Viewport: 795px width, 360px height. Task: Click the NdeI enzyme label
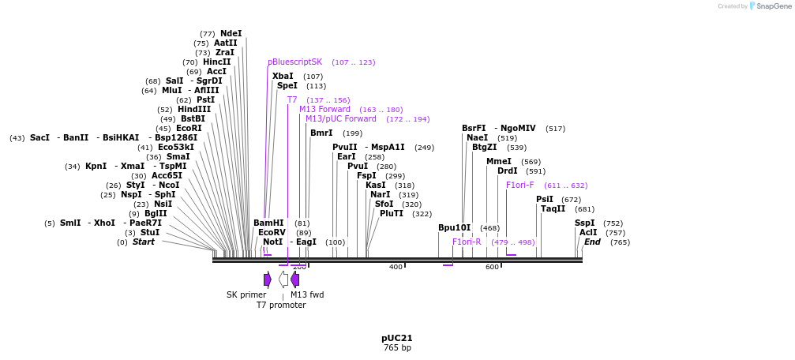[x=231, y=34]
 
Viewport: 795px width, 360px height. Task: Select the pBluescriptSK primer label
[x=294, y=62]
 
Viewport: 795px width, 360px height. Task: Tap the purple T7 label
[x=292, y=99]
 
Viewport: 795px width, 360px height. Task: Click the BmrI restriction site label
[x=321, y=133]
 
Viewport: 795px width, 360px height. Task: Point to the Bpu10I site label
[x=454, y=227]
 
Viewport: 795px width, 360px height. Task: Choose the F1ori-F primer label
[x=519, y=185]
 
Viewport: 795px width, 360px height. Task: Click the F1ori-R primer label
[x=467, y=242]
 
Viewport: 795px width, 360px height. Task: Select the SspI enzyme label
[x=585, y=223]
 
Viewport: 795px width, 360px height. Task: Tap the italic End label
[x=592, y=242]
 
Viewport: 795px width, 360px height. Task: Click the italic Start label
[x=144, y=242]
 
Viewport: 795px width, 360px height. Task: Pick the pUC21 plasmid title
[x=397, y=338]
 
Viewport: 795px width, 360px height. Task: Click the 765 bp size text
[x=397, y=347]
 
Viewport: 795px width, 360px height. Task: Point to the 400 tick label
[x=396, y=267]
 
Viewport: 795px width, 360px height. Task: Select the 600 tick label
[x=492, y=267]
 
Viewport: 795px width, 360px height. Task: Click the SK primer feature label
[x=246, y=294]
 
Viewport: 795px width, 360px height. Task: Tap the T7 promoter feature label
[x=281, y=305]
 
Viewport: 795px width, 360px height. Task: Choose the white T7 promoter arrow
[x=283, y=279]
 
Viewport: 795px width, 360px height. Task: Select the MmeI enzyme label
[x=499, y=161]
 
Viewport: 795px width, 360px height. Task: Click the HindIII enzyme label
[x=194, y=109]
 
